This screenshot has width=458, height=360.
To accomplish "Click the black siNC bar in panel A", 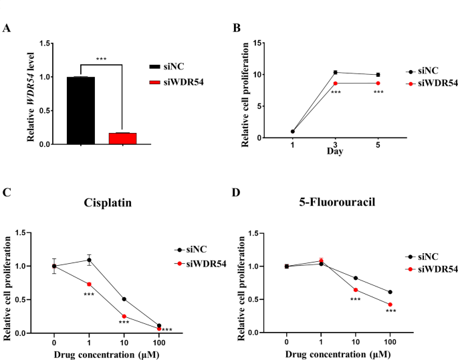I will [x=80, y=110].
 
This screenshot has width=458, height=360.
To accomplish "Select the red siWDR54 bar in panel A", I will [x=122, y=138].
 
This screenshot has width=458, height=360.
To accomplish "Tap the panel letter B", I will [x=236, y=27].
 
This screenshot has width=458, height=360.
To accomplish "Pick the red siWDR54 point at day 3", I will [x=336, y=83].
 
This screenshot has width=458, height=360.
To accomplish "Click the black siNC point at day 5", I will [x=378, y=75].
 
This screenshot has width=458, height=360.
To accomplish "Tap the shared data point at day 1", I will [x=293, y=131].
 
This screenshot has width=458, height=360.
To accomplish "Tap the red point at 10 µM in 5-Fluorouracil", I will [x=356, y=290].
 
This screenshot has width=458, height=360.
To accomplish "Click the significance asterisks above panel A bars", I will [x=101, y=59].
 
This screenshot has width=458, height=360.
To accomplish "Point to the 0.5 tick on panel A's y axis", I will [x=44, y=111].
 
